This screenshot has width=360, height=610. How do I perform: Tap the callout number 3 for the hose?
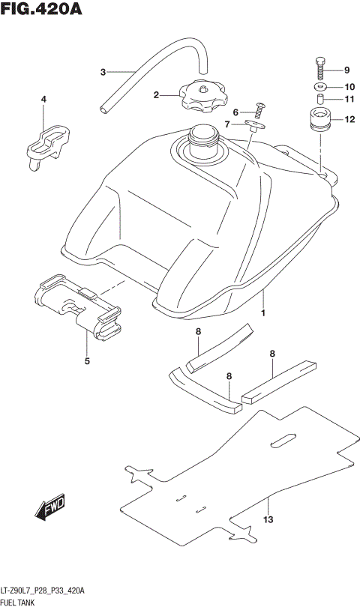pos(103,73)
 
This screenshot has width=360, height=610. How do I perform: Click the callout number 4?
pos(43,100)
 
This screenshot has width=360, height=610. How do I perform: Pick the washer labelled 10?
pos(319,86)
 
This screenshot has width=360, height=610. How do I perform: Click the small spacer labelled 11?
pos(319,99)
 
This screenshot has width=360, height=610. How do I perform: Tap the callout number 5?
pos(87,362)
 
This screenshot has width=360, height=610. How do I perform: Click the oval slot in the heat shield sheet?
pos(285,441)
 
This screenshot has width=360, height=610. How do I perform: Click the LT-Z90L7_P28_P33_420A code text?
pos(43,591)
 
